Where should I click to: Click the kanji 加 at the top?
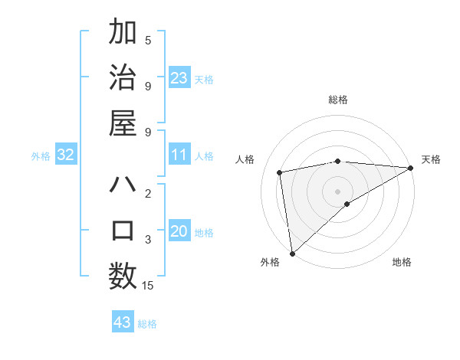(123, 34)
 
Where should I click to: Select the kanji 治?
(123, 77)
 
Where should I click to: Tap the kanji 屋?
(123, 122)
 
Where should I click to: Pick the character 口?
(123, 231)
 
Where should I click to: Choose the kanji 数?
(123, 275)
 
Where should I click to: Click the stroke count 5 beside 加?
(148, 41)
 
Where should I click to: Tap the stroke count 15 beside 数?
(148, 286)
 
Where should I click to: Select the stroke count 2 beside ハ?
(148, 194)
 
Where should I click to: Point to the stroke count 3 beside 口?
(148, 240)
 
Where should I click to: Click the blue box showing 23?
(179, 77)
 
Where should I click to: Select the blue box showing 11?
(179, 155)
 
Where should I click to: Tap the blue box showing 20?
(179, 231)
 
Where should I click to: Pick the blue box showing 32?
(66, 155)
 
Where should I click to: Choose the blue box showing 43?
(123, 322)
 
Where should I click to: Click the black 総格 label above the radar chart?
(337, 100)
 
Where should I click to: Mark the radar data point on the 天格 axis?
(411, 168)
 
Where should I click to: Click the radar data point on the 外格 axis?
(292, 253)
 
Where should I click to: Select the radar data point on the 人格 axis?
(281, 172)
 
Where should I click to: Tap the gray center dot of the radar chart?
(337, 190)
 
